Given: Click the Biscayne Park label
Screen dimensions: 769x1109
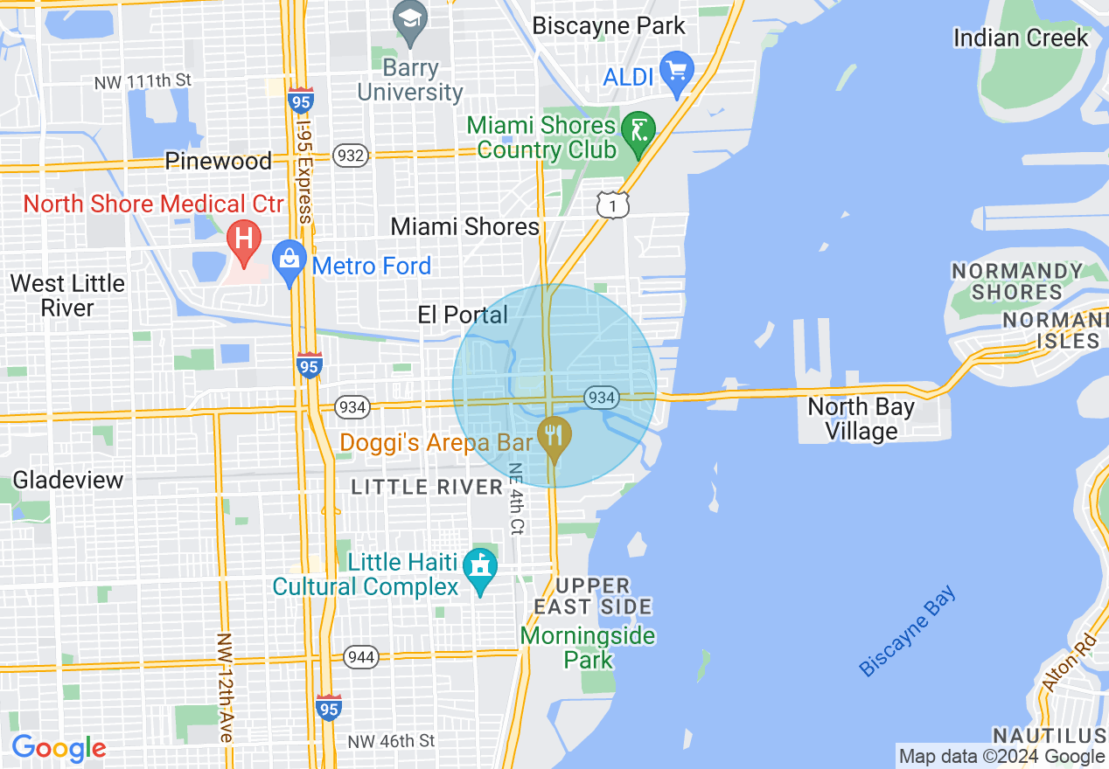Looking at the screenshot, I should [609, 26].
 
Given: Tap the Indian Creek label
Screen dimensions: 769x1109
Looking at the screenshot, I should [1021, 38].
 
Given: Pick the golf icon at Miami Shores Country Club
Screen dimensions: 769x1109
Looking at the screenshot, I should [638, 131].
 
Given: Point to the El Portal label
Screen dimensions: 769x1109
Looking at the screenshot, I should [463, 315].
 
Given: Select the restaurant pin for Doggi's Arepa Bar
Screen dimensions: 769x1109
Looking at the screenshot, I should [553, 434].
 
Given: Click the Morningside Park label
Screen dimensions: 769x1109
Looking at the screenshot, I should [588, 647].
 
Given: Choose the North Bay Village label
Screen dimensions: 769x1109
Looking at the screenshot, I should [861, 419].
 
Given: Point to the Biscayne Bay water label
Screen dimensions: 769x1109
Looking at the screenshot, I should [908, 632].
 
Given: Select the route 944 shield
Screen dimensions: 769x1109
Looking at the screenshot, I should [360, 656].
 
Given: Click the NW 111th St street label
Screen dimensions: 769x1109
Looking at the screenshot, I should [143, 81].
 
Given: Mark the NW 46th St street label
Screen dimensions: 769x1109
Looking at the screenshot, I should [390, 741].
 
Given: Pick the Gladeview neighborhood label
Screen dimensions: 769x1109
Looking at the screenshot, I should [68, 480].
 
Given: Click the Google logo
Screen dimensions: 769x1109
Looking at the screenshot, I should [59, 748].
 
